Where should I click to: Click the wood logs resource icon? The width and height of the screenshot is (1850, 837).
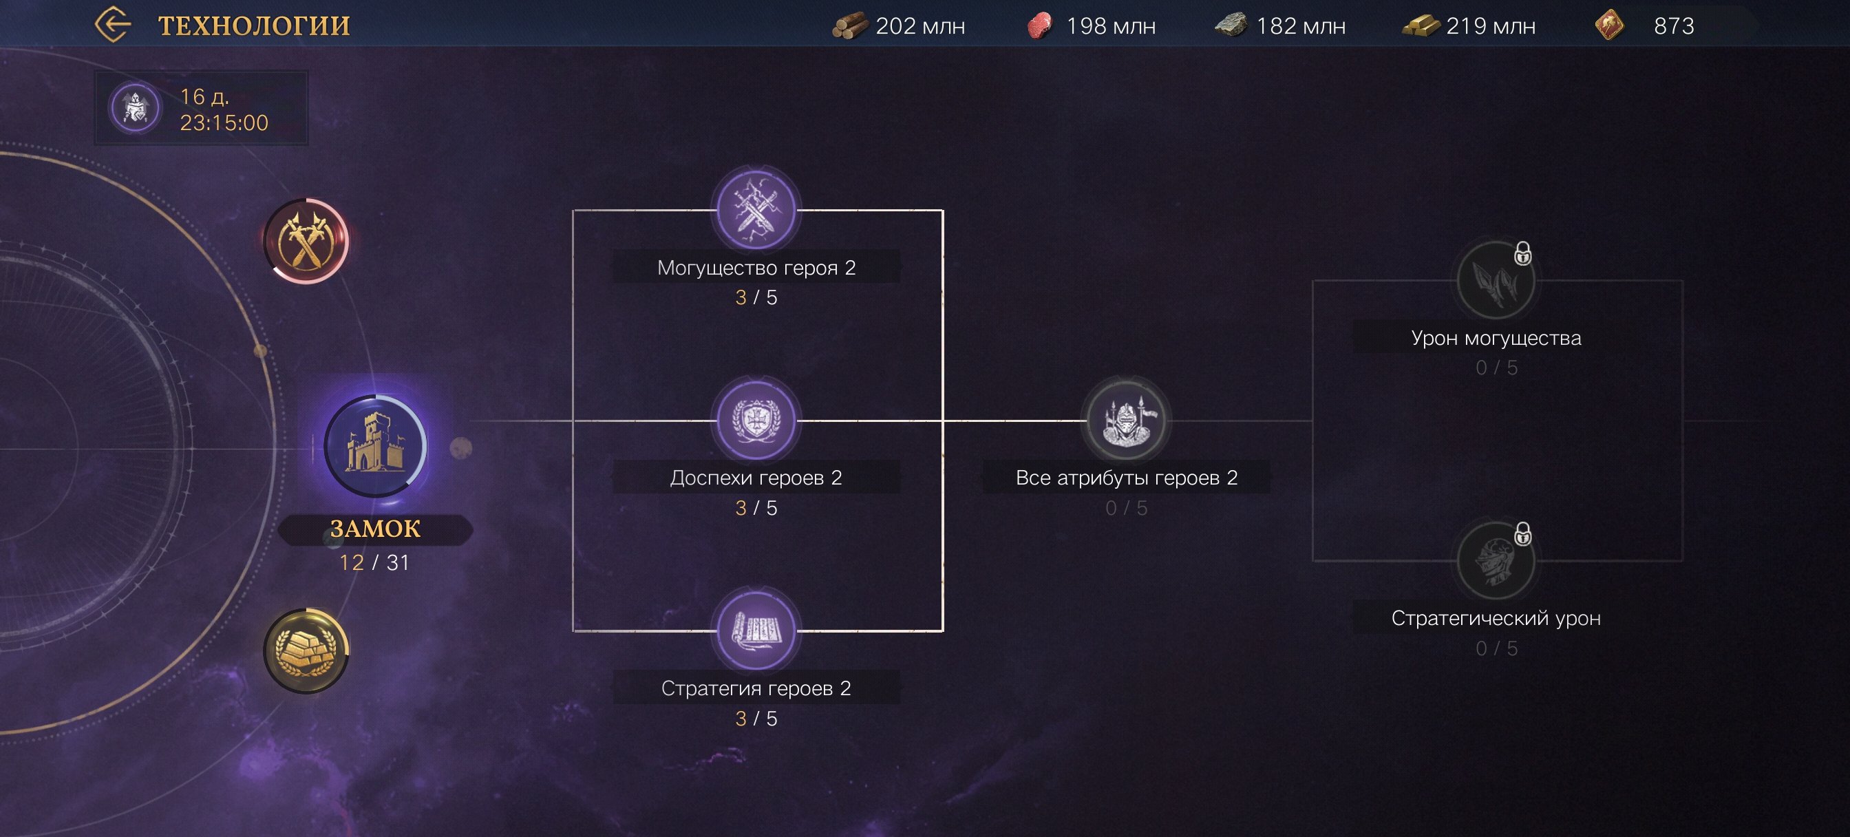click(x=849, y=26)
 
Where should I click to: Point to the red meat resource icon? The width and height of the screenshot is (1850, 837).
click(x=1039, y=26)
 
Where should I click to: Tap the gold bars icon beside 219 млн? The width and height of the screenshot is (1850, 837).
click(x=1420, y=26)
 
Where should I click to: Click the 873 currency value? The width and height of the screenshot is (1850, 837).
click(x=1673, y=26)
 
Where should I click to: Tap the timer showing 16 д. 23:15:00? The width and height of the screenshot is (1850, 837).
click(x=224, y=109)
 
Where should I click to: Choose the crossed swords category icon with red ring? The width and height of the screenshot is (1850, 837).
click(x=306, y=241)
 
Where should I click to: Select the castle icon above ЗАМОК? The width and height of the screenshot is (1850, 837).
click(x=375, y=445)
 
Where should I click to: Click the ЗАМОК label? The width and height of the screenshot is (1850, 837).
click(x=375, y=529)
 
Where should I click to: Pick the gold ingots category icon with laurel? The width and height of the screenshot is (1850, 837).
click(x=306, y=650)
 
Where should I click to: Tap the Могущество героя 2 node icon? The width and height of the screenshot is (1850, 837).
click(x=756, y=209)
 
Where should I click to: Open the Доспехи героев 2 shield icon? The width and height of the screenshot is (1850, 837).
click(x=756, y=420)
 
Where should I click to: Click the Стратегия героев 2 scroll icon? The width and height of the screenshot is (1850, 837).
click(x=756, y=630)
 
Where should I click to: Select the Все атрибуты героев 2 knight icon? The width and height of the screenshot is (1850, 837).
click(x=1126, y=420)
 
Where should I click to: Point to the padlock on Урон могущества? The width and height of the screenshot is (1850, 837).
click(x=1522, y=253)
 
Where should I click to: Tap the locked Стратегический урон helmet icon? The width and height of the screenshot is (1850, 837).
click(x=1496, y=560)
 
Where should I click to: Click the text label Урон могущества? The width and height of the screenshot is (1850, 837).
click(x=1496, y=338)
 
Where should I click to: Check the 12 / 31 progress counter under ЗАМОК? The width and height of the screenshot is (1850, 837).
click(x=374, y=562)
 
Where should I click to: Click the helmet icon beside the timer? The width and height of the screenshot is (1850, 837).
click(x=135, y=109)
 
